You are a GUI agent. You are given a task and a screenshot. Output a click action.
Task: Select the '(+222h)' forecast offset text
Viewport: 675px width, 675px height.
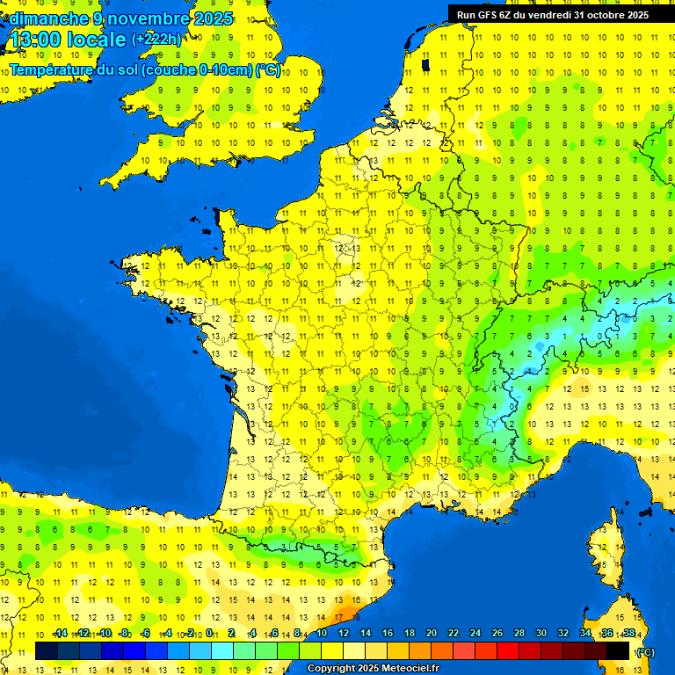156,40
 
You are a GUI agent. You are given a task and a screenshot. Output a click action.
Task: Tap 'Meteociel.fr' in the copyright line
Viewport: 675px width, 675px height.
410,669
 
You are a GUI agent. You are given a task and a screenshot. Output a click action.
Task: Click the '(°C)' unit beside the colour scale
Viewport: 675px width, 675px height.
645,652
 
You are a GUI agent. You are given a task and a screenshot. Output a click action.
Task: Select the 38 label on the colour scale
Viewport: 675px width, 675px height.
628,633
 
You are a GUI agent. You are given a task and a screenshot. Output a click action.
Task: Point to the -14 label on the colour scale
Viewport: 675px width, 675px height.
60,633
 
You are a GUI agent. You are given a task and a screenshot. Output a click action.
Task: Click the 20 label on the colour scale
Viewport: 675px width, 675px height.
432,633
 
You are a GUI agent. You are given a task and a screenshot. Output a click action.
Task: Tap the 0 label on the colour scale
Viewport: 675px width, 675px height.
209,633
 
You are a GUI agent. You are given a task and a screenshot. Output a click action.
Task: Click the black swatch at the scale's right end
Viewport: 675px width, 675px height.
618,651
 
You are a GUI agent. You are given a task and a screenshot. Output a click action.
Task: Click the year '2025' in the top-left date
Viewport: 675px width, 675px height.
214,18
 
